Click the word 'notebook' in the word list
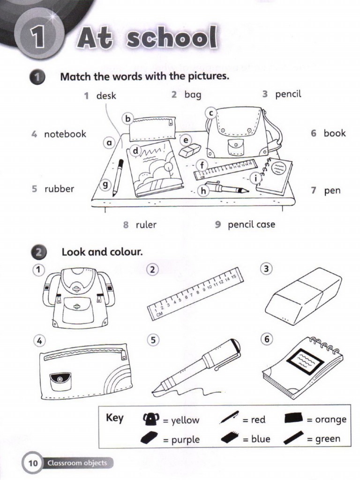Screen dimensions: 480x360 [65, 134]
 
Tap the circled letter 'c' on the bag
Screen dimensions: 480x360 [211, 113]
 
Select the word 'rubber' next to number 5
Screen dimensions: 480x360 [60, 189]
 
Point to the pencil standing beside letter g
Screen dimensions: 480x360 [119, 177]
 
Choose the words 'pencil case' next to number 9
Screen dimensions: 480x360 [251, 225]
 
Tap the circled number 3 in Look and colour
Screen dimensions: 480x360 [266, 269]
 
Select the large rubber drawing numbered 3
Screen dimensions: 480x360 [303, 296]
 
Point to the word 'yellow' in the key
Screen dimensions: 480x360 [185, 420]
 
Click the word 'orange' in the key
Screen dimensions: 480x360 [330, 420]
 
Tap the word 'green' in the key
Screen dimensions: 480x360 [328, 440]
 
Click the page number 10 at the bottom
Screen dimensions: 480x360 [33, 463]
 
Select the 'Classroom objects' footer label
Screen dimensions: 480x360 [77, 463]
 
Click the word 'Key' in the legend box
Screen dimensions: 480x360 [115, 418]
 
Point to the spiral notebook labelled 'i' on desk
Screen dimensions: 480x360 [275, 175]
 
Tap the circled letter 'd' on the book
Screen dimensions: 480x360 [135, 151]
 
